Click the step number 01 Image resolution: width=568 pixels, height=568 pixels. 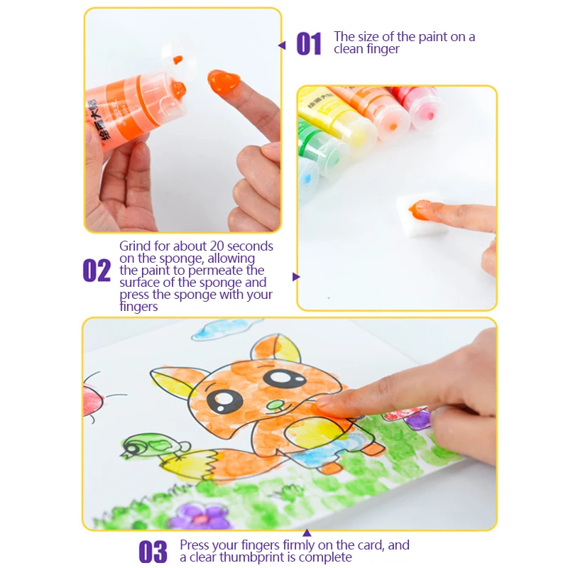[309, 43]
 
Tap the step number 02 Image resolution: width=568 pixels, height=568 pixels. [97, 271]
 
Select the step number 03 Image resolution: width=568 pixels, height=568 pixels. [153, 552]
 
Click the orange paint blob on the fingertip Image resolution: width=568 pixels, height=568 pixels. [223, 82]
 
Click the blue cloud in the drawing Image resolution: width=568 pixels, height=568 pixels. [221, 329]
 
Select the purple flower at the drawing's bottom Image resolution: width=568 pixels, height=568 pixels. [200, 516]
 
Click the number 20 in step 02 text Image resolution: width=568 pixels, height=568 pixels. [217, 246]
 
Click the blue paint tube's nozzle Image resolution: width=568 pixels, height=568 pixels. [307, 177]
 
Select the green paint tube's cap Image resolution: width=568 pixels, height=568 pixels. [332, 156]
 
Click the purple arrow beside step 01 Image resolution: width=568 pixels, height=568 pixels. [282, 45]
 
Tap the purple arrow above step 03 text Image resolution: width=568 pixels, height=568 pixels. [307, 533]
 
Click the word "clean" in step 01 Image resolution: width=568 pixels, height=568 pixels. [348, 49]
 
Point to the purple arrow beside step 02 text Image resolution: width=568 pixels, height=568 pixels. [296, 277]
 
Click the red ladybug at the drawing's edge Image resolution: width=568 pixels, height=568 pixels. [92, 400]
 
